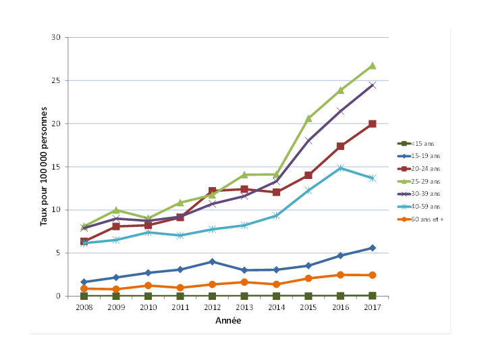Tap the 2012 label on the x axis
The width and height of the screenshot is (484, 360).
212,307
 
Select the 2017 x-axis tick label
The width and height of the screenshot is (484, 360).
372,307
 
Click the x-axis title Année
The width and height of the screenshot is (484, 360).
227,321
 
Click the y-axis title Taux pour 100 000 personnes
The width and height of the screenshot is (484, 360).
45,166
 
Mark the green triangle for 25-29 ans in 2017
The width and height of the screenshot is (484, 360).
372,66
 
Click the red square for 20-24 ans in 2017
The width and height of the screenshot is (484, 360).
372,124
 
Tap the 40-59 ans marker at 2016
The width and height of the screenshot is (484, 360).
340,168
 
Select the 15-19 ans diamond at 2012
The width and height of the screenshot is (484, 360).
212,261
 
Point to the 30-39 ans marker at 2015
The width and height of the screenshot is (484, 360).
308,140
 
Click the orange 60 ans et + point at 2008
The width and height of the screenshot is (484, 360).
84,288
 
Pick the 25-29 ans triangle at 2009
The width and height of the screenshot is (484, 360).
116,210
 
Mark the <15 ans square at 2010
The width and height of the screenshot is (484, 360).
148,296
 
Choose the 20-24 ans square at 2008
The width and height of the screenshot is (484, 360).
84,241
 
